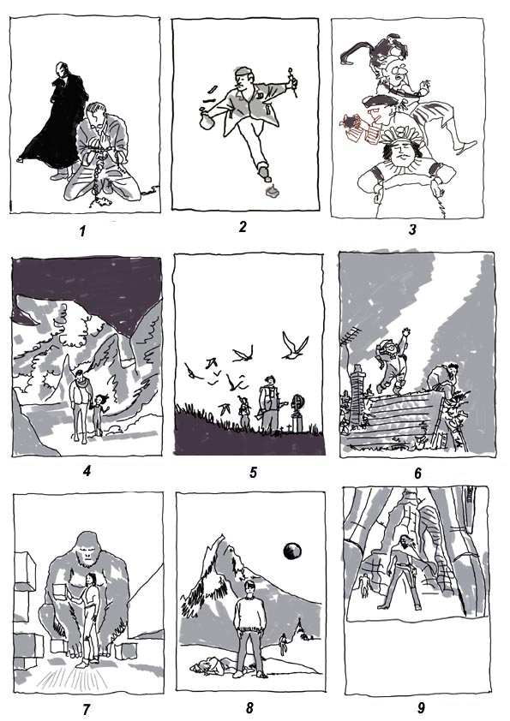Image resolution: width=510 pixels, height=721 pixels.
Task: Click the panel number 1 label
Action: [x=82, y=230]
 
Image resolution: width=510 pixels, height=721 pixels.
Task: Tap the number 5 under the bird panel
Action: [x=253, y=472]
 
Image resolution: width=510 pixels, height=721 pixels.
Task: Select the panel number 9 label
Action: [x=421, y=707]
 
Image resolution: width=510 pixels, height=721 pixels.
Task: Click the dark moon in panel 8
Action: [x=291, y=551]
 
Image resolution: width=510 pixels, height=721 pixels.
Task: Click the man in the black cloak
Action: [x=54, y=120]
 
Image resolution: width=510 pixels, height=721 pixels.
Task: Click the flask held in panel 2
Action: [x=208, y=120]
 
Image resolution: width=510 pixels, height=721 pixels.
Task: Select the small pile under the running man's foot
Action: [x=269, y=191]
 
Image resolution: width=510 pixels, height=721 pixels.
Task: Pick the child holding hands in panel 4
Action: [x=99, y=415]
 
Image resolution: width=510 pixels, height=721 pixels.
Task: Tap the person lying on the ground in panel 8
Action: [x=213, y=666]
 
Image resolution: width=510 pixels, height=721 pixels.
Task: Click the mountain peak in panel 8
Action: [x=222, y=537]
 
